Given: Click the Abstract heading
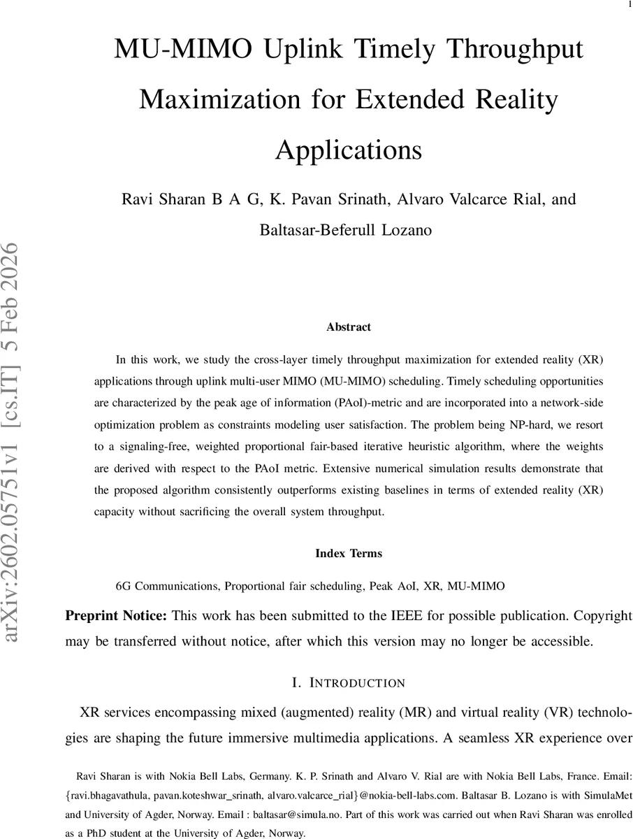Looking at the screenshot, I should coord(349,327).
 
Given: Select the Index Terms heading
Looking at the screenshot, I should coord(349,553).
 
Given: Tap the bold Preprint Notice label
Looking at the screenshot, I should coord(116,616).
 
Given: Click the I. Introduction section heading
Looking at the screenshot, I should coord(349,682).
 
